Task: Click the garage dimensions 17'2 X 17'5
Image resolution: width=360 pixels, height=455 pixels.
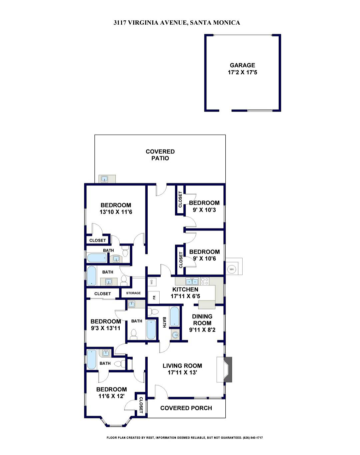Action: pyautogui.click(x=242, y=72)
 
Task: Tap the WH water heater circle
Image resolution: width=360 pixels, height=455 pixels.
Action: pyautogui.click(x=231, y=269)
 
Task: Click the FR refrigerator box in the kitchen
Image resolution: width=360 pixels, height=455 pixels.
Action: pyautogui.click(x=154, y=297)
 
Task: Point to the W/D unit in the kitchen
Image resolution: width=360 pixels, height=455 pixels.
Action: pyautogui.click(x=152, y=282)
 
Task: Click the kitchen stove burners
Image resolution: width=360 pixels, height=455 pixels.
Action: pyautogui.click(x=204, y=281)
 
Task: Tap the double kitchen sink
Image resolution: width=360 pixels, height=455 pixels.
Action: pyautogui.click(x=192, y=281)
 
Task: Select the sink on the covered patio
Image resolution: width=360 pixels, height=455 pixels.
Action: pyautogui.click(x=104, y=179)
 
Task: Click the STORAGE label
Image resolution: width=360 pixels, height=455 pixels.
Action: pyautogui.click(x=133, y=293)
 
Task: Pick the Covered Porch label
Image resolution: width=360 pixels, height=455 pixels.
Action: pyautogui.click(x=186, y=408)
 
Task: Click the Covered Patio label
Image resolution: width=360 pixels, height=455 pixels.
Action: pyautogui.click(x=160, y=155)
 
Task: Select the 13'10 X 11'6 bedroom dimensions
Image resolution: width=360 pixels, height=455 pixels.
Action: pyautogui.click(x=116, y=212)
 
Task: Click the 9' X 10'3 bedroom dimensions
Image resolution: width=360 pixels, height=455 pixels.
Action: pyautogui.click(x=204, y=210)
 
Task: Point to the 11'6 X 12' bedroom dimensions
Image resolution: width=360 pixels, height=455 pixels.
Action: pyautogui.click(x=111, y=396)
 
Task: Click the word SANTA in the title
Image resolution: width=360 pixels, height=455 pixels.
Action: pyautogui.click(x=200, y=23)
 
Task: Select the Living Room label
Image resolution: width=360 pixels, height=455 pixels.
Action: pyautogui.click(x=182, y=366)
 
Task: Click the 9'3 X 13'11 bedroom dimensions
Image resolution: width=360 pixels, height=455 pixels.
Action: pyautogui.click(x=106, y=328)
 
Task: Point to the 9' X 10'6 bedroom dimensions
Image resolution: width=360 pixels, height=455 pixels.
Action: pyautogui.click(x=204, y=258)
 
